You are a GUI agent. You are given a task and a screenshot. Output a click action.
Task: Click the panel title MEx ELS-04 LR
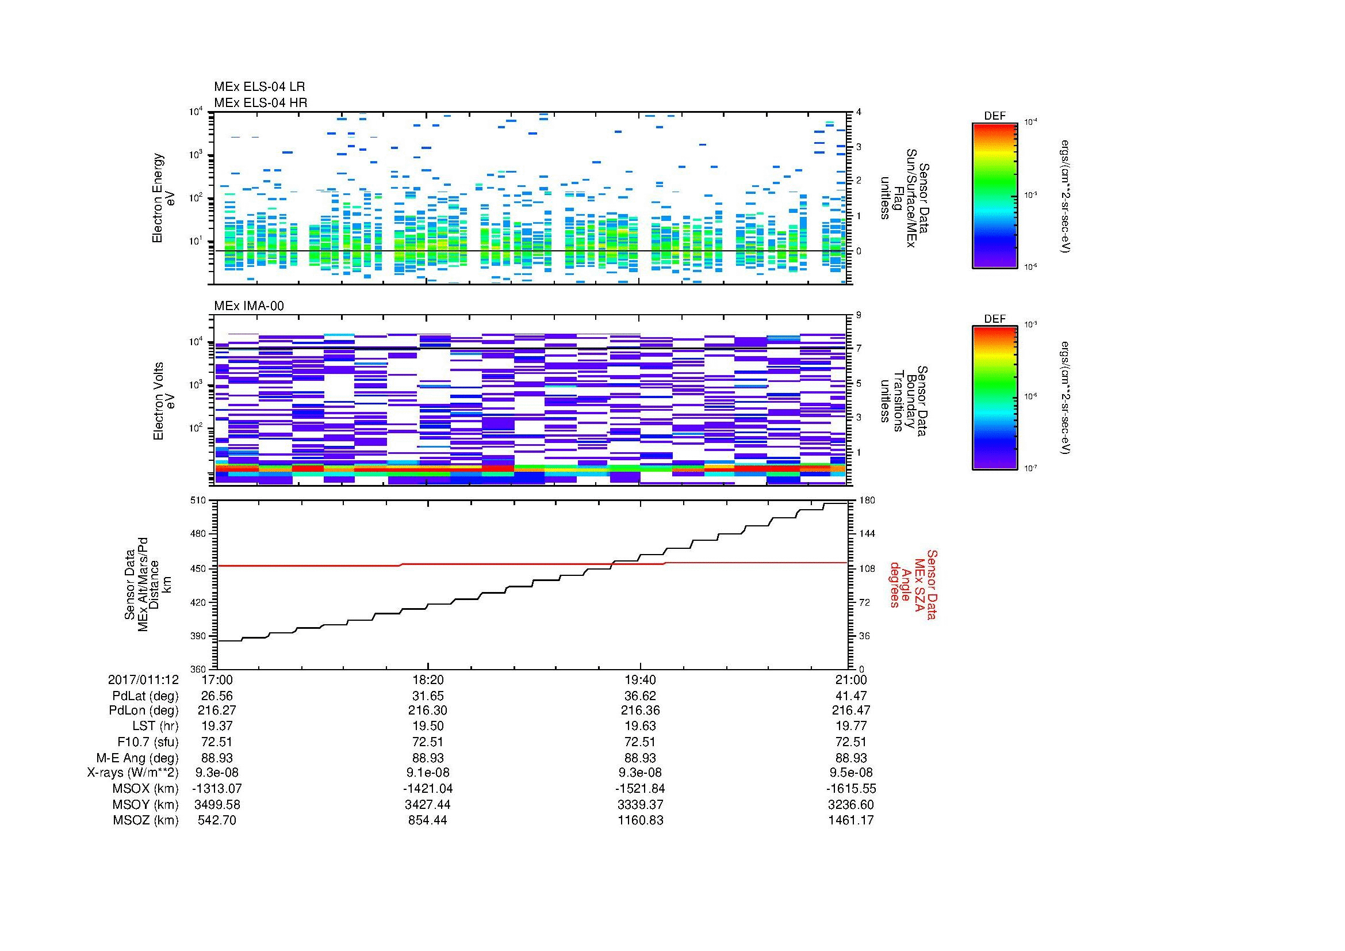point(259,87)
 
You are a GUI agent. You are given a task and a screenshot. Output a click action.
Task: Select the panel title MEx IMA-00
point(249,306)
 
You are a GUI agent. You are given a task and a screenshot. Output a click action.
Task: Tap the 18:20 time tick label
point(428,679)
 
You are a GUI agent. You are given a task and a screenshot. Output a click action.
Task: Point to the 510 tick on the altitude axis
point(198,501)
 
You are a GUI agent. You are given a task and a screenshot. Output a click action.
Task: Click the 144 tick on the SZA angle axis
point(866,534)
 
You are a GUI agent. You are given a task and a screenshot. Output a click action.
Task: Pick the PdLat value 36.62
point(640,696)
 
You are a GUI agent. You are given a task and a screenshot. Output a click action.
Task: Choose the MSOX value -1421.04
point(428,789)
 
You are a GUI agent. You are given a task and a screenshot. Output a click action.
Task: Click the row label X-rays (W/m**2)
point(133,773)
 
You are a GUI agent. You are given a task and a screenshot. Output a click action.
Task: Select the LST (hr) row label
point(155,727)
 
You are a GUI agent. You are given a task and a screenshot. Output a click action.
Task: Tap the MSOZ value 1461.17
point(850,820)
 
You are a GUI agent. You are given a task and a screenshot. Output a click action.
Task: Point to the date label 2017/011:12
point(143,679)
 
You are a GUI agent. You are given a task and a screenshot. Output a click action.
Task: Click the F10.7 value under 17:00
point(217,742)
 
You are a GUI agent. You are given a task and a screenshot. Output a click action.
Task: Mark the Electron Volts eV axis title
point(164,401)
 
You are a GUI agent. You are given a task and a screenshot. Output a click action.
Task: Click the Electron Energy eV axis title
point(164,198)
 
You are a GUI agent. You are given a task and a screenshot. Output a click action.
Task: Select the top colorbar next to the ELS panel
point(995,196)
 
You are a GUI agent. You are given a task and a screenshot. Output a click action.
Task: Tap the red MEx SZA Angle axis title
point(913,584)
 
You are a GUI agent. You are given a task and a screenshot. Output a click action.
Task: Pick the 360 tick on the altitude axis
point(198,669)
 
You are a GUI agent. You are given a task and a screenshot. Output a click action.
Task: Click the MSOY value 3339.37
point(640,804)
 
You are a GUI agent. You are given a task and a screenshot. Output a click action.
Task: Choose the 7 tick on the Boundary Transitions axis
point(859,349)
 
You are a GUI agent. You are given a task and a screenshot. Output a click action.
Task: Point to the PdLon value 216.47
point(850,711)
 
